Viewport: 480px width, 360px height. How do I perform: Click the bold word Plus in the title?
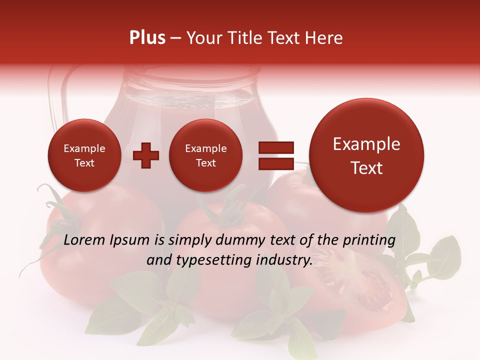[x=147, y=38]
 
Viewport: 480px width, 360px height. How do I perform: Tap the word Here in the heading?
[x=324, y=38]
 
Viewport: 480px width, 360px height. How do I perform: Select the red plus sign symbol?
[x=146, y=155]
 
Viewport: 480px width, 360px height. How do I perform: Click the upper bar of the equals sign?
[x=275, y=147]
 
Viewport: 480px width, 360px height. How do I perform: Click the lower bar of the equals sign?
[x=275, y=163]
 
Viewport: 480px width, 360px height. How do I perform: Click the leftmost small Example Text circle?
[x=84, y=155]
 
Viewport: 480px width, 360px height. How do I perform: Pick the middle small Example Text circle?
[x=205, y=155]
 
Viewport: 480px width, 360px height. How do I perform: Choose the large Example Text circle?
[x=366, y=155]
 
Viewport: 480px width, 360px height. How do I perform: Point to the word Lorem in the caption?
[x=85, y=240]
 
